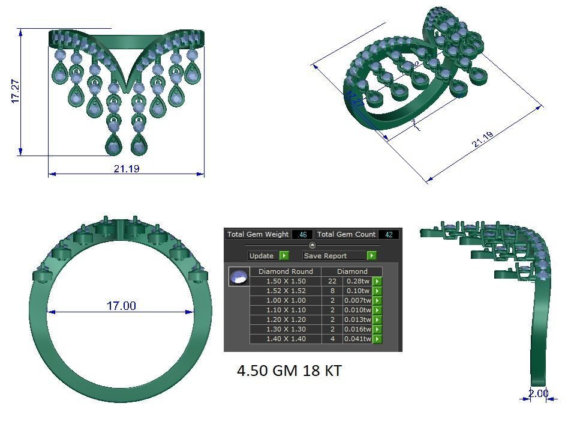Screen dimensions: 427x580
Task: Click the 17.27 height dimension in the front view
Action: click(x=16, y=90)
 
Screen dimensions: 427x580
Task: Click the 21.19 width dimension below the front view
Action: click(x=126, y=169)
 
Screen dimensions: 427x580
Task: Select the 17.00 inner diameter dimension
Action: click(x=121, y=306)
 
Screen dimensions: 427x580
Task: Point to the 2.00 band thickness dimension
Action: click(x=538, y=394)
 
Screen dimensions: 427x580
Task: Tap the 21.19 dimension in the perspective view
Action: click(x=483, y=139)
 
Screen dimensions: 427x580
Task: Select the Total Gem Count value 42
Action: click(x=388, y=235)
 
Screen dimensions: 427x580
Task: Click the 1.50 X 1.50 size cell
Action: click(x=286, y=281)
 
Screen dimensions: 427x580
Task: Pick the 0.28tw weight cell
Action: click(x=358, y=281)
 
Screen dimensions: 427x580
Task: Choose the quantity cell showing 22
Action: click(x=332, y=281)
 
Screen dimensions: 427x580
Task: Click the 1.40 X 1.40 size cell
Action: click(x=286, y=339)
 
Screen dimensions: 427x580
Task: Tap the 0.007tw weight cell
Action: click(x=358, y=300)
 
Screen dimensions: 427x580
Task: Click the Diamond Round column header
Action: click(x=286, y=271)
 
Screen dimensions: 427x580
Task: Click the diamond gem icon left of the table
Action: click(x=239, y=277)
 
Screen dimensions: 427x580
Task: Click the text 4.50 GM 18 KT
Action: click(x=289, y=371)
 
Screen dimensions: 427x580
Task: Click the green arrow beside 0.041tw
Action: click(x=377, y=339)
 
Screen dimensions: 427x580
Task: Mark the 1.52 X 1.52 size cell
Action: click(x=286, y=291)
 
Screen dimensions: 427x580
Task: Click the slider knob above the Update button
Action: click(x=312, y=245)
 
